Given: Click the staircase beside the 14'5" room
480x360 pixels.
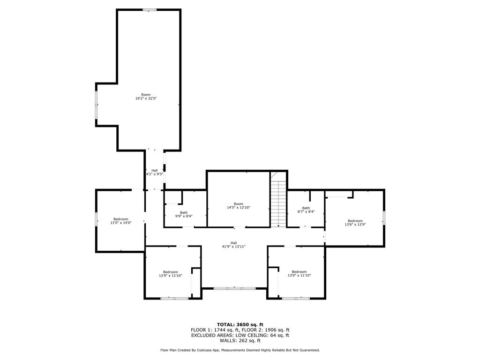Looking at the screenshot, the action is click(278, 203).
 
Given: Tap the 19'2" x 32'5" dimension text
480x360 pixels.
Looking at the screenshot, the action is click(146, 98).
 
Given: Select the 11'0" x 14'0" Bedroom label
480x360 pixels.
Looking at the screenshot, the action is click(121, 221).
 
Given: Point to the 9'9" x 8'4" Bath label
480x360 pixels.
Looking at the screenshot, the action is click(184, 214).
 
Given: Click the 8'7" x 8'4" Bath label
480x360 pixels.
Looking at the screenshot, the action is click(306, 210).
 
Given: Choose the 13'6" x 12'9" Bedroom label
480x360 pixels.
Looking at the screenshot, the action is click(355, 223).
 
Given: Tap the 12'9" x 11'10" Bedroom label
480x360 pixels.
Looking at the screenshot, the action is click(171, 274).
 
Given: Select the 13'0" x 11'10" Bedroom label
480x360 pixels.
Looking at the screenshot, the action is click(299, 274).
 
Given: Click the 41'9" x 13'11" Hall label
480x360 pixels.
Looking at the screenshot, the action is click(233, 245).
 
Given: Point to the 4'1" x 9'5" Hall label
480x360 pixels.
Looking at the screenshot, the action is click(155, 172).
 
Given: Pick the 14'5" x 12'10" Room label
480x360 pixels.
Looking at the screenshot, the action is click(239, 205).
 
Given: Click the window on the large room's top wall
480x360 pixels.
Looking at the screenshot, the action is click(150, 10).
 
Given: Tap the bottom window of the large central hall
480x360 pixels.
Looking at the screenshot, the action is click(234, 288).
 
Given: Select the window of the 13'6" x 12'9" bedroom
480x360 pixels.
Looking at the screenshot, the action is click(384, 218).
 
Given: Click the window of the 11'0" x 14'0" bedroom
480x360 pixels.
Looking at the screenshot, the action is click(96, 219).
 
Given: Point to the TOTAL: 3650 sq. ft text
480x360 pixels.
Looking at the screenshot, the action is click(240, 324).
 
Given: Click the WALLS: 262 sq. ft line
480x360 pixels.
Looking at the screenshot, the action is click(240, 340).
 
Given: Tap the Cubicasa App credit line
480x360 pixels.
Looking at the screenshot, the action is click(240, 350).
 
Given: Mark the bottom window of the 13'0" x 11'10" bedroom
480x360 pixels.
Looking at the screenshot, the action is click(296, 298).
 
